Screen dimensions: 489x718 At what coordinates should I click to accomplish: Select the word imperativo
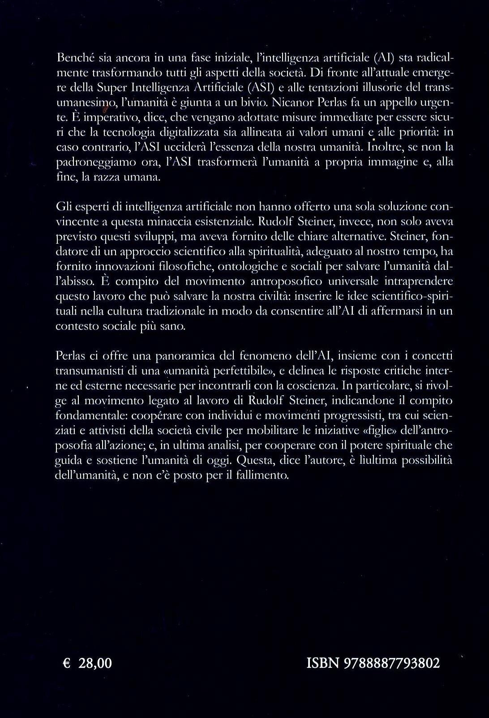(x=99, y=116)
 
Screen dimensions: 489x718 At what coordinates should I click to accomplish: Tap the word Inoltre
(x=380, y=146)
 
